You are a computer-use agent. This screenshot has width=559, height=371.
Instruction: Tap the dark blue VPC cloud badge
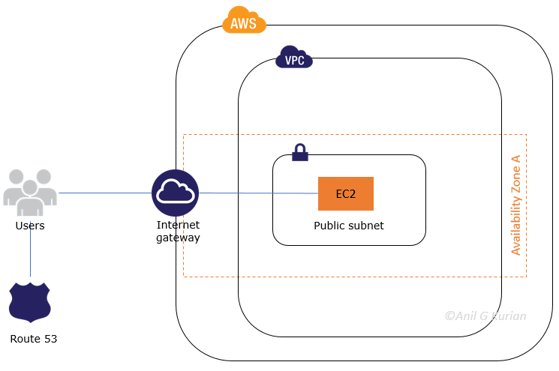tap(294, 58)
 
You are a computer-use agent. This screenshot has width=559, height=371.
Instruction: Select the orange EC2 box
tap(345, 194)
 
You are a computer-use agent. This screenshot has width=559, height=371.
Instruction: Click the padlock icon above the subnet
tap(300, 152)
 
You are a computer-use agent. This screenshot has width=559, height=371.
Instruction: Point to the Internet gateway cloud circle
tap(175, 193)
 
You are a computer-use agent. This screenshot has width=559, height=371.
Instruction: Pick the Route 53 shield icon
tap(29, 303)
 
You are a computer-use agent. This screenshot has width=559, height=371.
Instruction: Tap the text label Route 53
tap(33, 339)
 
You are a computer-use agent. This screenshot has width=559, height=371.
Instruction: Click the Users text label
tap(30, 226)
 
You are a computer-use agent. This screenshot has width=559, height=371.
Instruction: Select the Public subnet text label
tap(348, 225)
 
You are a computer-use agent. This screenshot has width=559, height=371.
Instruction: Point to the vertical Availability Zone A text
tap(515, 206)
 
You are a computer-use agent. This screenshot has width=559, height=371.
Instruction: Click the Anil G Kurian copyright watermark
tap(485, 316)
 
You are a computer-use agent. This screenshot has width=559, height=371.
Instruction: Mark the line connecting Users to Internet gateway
tap(105, 193)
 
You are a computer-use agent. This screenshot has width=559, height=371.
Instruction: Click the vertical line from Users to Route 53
tap(30, 255)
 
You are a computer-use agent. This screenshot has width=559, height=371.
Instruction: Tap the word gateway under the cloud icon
tap(178, 238)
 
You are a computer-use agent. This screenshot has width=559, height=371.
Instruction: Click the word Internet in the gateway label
tap(178, 225)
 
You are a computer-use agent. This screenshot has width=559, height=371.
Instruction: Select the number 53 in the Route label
tap(50, 339)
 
